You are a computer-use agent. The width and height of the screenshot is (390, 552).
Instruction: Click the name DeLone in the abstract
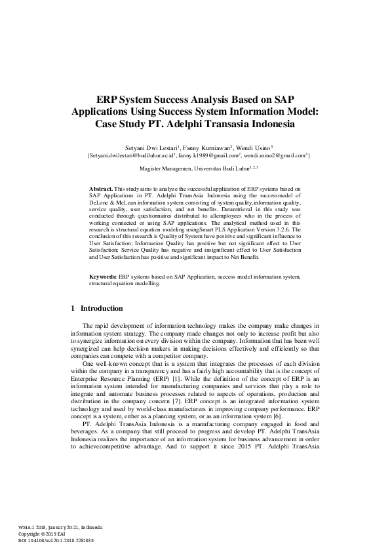tap(100, 203)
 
